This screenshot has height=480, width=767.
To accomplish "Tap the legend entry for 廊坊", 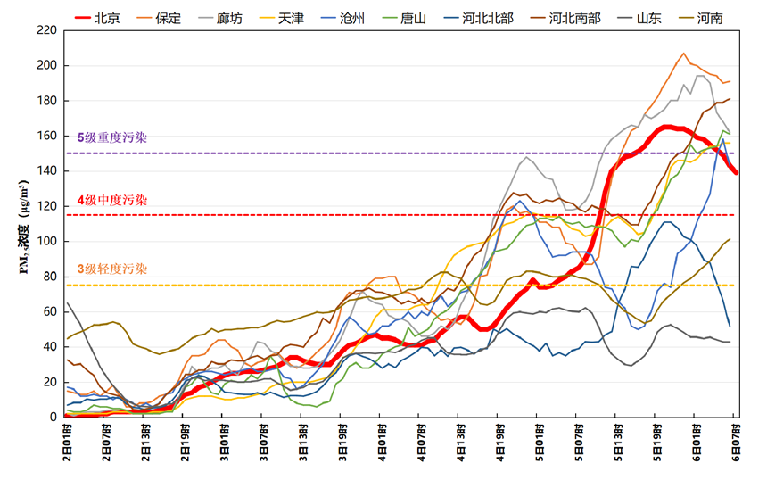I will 228,17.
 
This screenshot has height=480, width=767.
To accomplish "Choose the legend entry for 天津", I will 290,17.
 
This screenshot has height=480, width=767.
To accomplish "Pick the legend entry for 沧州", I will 351,17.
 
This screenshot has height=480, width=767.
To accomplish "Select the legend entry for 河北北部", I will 487,17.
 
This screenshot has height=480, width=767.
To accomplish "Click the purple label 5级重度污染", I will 112,138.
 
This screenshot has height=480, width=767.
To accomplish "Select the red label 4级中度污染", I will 112,200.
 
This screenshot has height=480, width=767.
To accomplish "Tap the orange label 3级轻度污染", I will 112,269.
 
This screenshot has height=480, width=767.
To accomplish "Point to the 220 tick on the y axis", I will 47,30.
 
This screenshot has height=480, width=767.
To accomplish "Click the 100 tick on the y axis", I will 47,241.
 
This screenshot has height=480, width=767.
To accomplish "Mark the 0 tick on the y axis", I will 54,417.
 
